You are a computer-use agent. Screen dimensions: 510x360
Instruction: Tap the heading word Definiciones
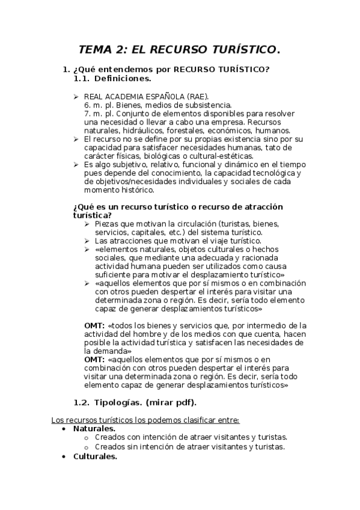coord(123,78)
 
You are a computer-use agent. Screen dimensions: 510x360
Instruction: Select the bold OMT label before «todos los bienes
coord(94,325)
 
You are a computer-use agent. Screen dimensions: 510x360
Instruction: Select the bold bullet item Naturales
coord(94,428)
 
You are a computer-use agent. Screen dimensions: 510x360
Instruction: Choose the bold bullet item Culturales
coord(95,456)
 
